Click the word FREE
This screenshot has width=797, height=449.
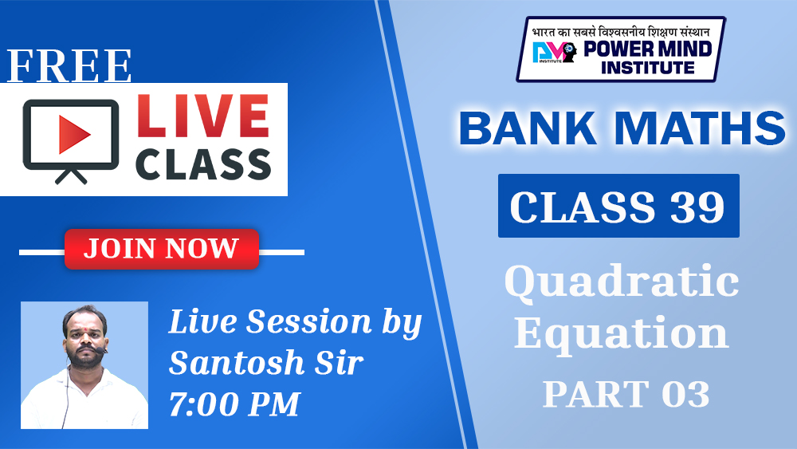point(69,66)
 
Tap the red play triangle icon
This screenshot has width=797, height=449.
point(74,134)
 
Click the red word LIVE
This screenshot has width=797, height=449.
point(202,116)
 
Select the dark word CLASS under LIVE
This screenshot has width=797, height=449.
point(202,164)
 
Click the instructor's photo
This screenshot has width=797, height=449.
point(84,365)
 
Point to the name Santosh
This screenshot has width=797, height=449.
point(237,363)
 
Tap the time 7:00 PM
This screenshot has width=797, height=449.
point(234,404)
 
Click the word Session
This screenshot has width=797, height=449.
point(309,322)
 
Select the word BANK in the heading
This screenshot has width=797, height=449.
point(528,128)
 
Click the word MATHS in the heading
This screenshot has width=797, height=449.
point(701,128)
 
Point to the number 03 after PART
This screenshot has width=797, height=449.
point(685,394)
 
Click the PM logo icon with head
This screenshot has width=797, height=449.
point(555,52)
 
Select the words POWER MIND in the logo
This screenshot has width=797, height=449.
point(647,49)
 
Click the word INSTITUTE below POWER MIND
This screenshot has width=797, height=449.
point(647,67)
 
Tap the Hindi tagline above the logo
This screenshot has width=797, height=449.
point(621,32)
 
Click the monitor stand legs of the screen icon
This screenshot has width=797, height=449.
point(71,176)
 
